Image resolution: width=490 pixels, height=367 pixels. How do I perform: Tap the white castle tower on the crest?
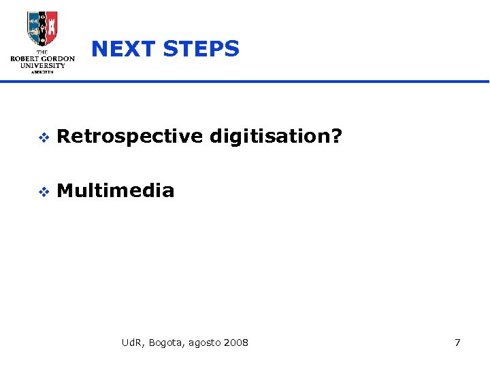(42, 27)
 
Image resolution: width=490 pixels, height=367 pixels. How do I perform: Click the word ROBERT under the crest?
(25, 59)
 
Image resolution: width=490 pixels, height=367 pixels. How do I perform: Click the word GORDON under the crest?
(58, 59)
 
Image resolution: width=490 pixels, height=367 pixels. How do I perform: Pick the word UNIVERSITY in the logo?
(42, 67)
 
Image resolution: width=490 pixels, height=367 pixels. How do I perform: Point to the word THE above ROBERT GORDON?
(42, 52)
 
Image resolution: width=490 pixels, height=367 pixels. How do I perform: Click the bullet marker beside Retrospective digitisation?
(42, 137)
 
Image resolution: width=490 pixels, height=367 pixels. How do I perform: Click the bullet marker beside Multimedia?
(42, 192)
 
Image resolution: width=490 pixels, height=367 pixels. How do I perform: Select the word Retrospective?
(130, 137)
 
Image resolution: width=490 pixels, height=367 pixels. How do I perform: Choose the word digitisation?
(268, 137)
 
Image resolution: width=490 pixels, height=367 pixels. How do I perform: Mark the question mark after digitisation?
(335, 137)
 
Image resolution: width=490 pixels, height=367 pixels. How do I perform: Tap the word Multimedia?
(116, 191)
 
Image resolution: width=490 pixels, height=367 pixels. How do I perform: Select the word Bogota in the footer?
(164, 343)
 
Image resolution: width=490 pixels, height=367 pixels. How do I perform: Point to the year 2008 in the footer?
(235, 343)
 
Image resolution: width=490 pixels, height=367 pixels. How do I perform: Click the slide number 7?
(457, 343)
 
